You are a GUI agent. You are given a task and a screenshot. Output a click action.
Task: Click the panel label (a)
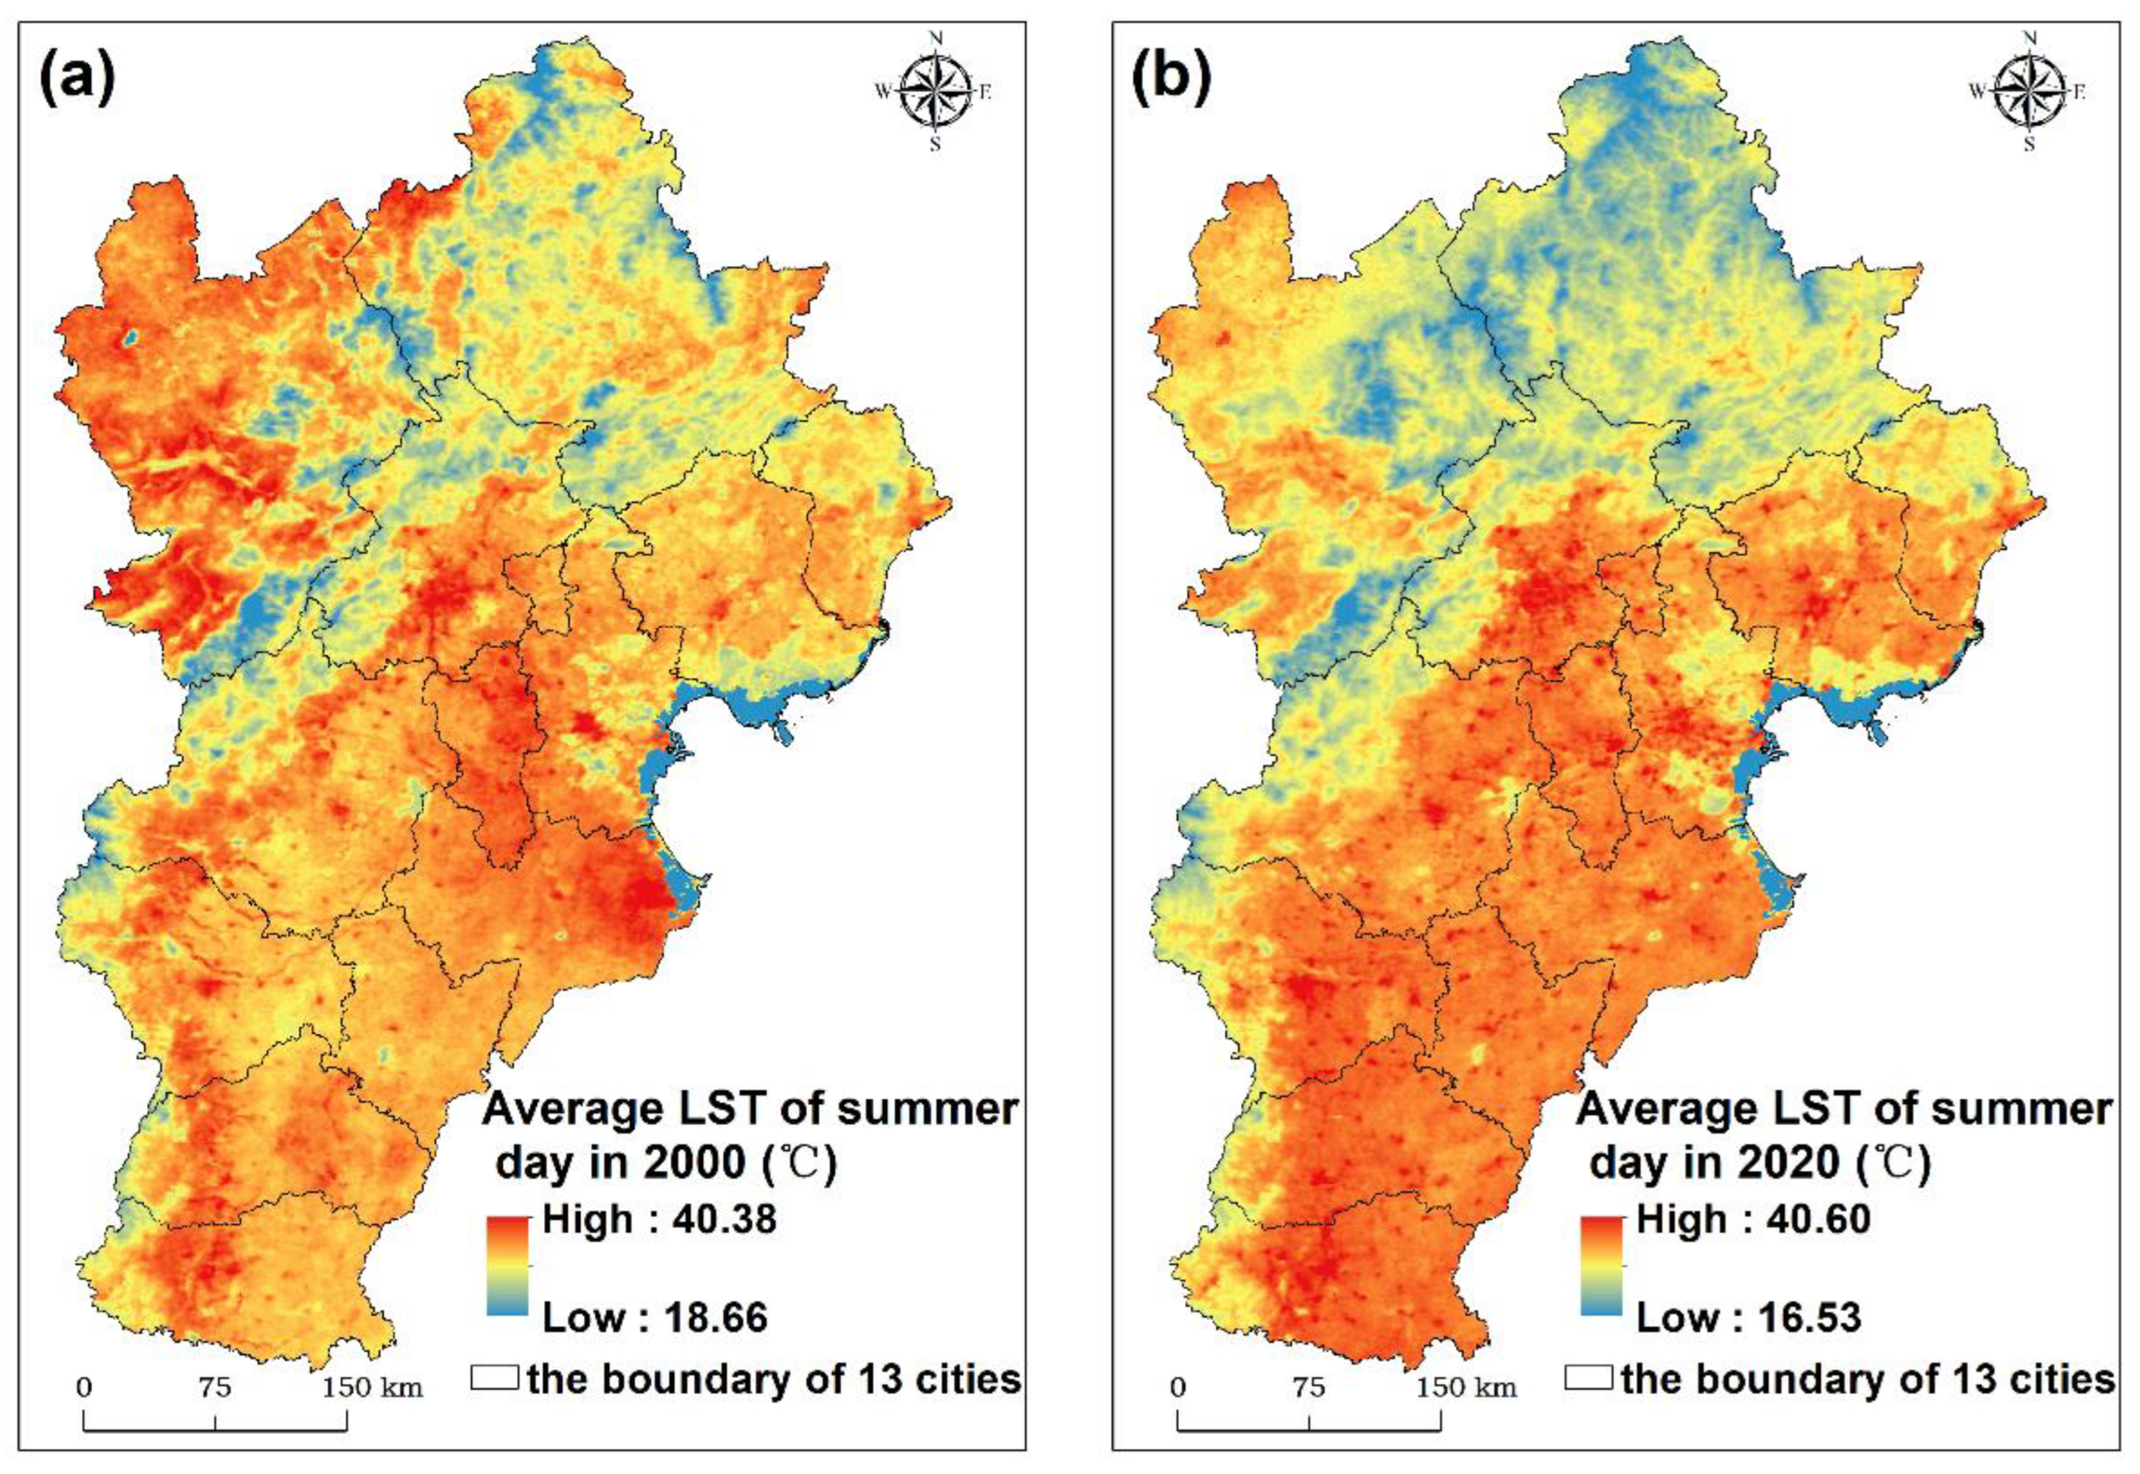coord(77,79)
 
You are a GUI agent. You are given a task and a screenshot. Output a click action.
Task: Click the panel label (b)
coord(1171,79)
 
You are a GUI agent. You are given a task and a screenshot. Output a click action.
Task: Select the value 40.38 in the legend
coord(724,1220)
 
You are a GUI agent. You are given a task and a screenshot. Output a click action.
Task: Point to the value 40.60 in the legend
coord(1818,1220)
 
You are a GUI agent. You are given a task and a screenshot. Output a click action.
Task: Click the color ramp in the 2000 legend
coord(508,1266)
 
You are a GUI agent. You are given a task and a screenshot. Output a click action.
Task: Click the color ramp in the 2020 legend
coord(1602,1266)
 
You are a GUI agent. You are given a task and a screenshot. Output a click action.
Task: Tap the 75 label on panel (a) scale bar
coord(215,1388)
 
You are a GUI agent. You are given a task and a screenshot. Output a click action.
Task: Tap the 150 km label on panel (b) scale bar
coord(1466,1388)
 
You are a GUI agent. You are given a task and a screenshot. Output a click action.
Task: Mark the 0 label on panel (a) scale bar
coord(84,1388)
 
